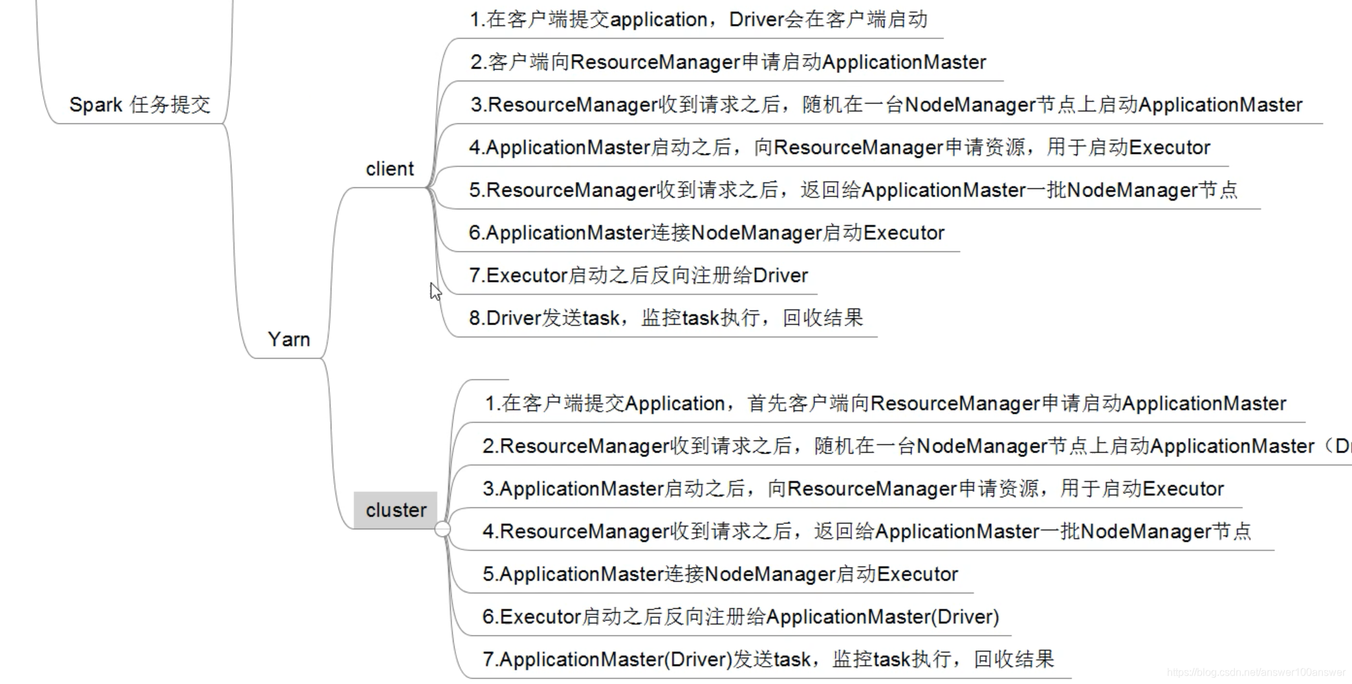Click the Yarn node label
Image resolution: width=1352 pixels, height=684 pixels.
[289, 339]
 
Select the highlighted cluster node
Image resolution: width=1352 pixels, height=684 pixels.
[395, 510]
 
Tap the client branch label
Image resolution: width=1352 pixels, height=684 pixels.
[389, 169]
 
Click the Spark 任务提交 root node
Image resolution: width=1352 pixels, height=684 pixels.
[140, 105]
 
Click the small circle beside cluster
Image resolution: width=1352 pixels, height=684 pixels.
[442, 529]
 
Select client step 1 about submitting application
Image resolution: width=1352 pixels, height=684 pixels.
[699, 20]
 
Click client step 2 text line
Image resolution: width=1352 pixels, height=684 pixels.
[728, 63]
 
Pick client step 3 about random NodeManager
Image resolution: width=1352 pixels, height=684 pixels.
[886, 105]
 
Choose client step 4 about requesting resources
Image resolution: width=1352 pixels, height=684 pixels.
[839, 147]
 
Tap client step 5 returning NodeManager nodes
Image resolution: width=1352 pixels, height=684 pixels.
[853, 190]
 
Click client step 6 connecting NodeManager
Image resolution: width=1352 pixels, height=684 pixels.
[706, 233]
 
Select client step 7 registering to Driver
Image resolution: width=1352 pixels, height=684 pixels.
[638, 275]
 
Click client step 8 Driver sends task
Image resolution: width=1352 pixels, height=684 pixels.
[666, 318]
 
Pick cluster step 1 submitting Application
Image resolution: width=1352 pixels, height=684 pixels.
[885, 403]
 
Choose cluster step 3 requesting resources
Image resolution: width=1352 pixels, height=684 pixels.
[853, 489]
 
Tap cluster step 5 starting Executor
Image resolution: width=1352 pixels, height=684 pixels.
[720, 574]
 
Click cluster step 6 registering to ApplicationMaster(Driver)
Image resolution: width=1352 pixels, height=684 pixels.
[741, 617]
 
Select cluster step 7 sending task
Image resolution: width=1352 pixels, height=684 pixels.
[768, 659]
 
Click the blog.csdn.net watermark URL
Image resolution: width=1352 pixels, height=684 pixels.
[1256, 672]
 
